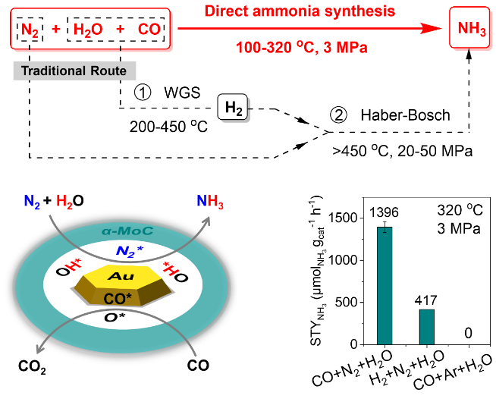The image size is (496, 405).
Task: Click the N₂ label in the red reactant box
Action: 30,30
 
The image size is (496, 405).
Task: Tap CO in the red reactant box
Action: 149,30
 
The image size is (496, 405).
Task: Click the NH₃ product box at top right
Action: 470,29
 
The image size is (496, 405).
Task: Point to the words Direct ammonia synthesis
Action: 300,11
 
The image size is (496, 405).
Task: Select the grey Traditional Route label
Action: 74,71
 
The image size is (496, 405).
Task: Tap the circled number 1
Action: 143,93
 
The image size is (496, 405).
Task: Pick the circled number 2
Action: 338,115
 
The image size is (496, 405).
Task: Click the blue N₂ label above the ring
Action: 32,202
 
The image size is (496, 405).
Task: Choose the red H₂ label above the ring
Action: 64,202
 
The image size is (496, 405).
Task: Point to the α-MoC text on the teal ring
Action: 127,231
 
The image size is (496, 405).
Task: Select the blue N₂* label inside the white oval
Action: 129,251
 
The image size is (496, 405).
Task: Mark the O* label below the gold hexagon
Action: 115,317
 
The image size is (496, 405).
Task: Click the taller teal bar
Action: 385,286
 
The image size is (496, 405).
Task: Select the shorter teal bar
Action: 427,327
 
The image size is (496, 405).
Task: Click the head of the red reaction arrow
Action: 433,28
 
